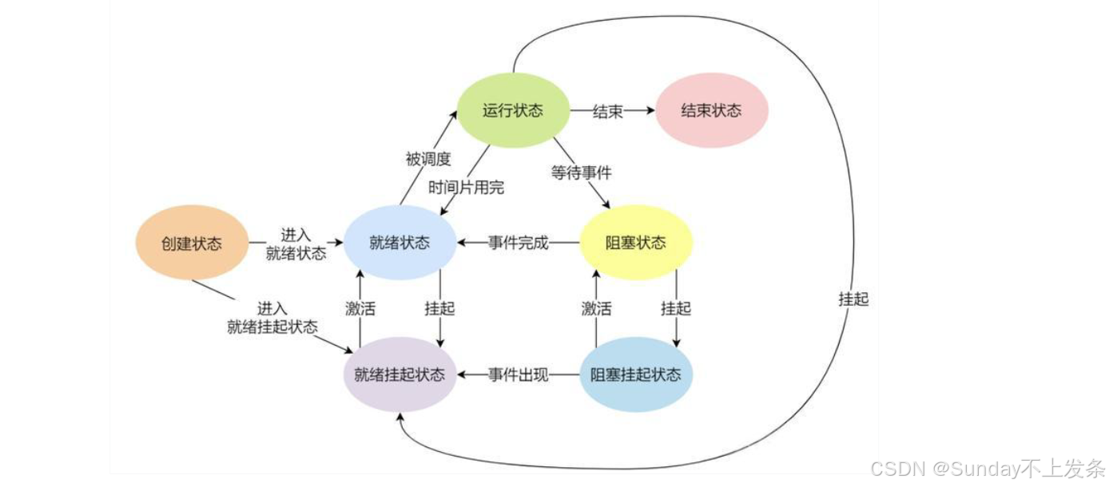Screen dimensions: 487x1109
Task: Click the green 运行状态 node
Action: pyautogui.click(x=512, y=110)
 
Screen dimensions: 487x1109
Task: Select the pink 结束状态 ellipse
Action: pyautogui.click(x=711, y=110)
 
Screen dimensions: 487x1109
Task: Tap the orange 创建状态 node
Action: pyautogui.click(x=192, y=243)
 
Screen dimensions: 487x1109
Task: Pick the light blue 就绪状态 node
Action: pyautogui.click(x=399, y=243)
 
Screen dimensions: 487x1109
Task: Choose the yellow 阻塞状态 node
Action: pyautogui.click(x=635, y=243)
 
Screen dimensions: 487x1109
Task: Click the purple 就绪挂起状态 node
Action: pyautogui.click(x=399, y=374)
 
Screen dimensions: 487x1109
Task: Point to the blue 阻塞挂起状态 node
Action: pyautogui.click(x=635, y=374)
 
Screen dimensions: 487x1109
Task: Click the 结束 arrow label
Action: pyautogui.click(x=607, y=112)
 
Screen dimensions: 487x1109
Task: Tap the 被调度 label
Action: pyautogui.click(x=428, y=159)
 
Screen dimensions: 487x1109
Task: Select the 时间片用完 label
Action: pyautogui.click(x=467, y=188)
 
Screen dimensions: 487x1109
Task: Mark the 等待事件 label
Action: pyautogui.click(x=581, y=171)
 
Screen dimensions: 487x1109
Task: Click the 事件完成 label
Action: pyautogui.click(x=518, y=243)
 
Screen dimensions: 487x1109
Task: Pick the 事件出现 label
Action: pyautogui.click(x=518, y=374)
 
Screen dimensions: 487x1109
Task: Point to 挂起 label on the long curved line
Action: pyautogui.click(x=853, y=299)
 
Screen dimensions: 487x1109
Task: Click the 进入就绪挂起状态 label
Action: pyautogui.click(x=272, y=318)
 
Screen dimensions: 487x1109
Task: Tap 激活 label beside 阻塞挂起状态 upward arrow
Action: pyautogui.click(x=596, y=308)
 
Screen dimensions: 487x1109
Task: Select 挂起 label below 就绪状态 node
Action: pyautogui.click(x=439, y=308)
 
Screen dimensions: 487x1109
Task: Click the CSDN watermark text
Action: pyautogui.click(x=987, y=469)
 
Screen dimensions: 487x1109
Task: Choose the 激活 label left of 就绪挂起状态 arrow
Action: pyautogui.click(x=360, y=308)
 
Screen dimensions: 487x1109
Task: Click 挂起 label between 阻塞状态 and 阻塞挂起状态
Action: pyautogui.click(x=676, y=308)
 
